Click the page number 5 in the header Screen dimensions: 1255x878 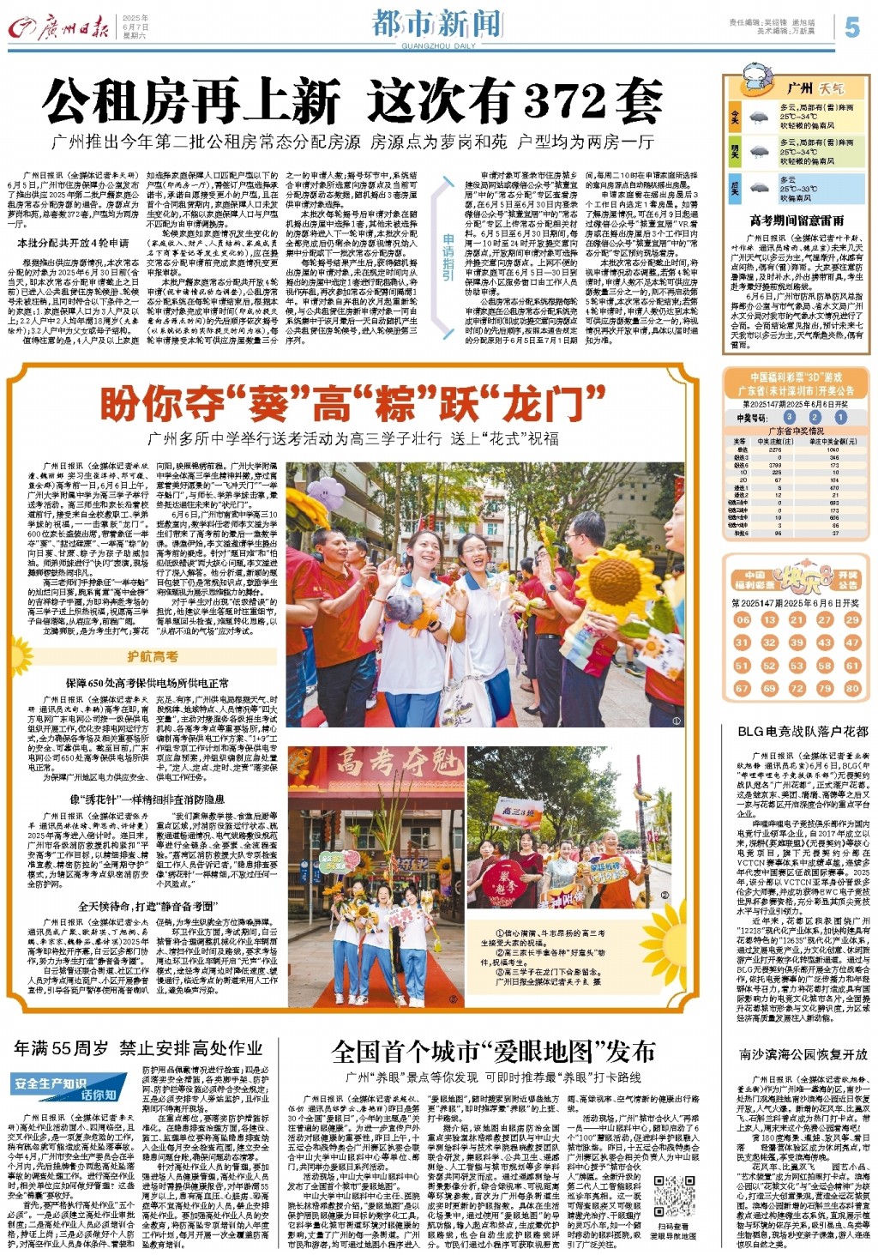tap(851, 27)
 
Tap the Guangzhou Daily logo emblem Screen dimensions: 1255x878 tap(21, 29)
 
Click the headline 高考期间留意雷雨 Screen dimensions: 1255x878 tap(797, 220)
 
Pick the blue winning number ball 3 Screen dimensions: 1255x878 tap(789, 417)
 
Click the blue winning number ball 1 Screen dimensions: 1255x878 tap(840, 417)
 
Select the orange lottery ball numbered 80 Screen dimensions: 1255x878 tap(851, 688)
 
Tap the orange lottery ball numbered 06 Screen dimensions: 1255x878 tap(743, 619)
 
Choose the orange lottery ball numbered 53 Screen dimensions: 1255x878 tap(797, 666)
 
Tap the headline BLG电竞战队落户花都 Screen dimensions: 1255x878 tap(803, 731)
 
